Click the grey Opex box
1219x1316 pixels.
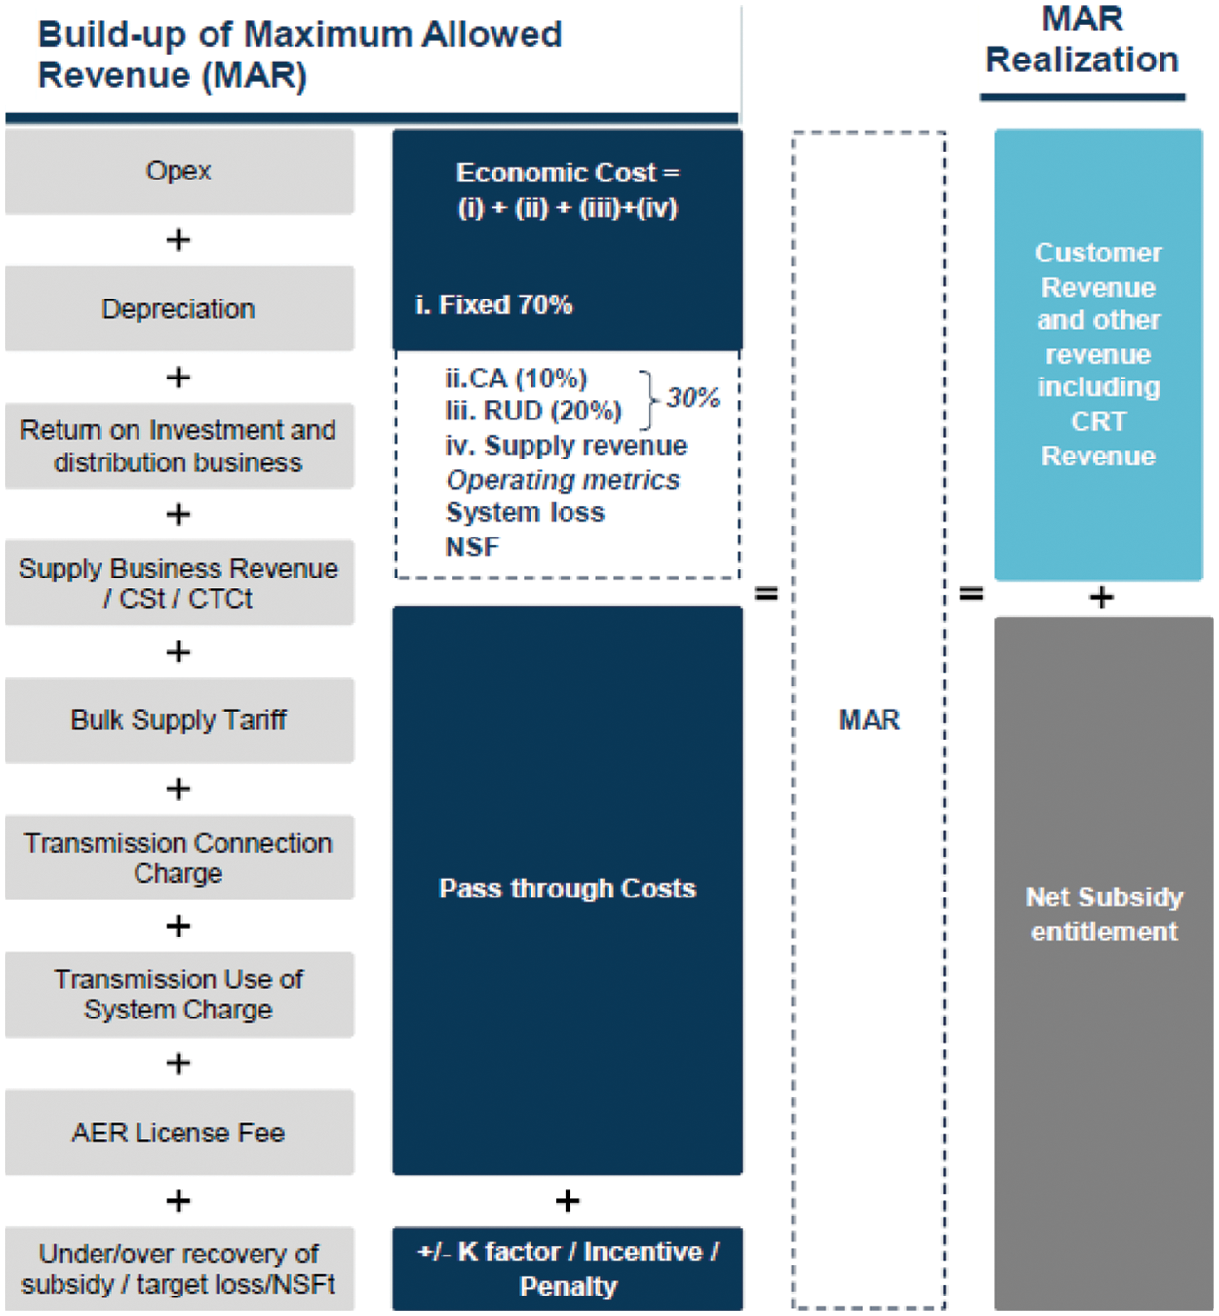tap(178, 171)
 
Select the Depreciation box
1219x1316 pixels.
tap(178, 308)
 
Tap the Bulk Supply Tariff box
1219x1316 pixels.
tap(178, 720)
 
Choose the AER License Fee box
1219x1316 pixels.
tap(178, 1132)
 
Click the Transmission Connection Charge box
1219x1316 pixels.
tap(178, 857)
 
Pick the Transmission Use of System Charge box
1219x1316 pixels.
tap(178, 994)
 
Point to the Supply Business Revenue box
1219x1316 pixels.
tap(178, 582)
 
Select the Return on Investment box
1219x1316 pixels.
tap(178, 446)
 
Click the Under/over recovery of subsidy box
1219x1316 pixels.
tap(178, 1268)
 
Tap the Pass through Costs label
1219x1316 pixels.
tap(568, 889)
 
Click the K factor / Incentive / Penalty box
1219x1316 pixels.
tap(568, 1268)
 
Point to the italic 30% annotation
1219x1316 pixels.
tap(692, 398)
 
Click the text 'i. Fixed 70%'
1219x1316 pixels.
tap(494, 305)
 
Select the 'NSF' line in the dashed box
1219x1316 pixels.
tap(473, 547)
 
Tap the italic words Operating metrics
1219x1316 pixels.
tap(563, 480)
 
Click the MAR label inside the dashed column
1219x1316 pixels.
tap(869, 720)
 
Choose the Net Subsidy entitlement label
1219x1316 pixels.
tap(1104, 914)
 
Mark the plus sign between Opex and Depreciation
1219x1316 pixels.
tap(178, 240)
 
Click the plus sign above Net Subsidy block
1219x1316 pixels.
tap(1102, 597)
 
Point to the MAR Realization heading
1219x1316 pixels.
tap(1082, 40)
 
